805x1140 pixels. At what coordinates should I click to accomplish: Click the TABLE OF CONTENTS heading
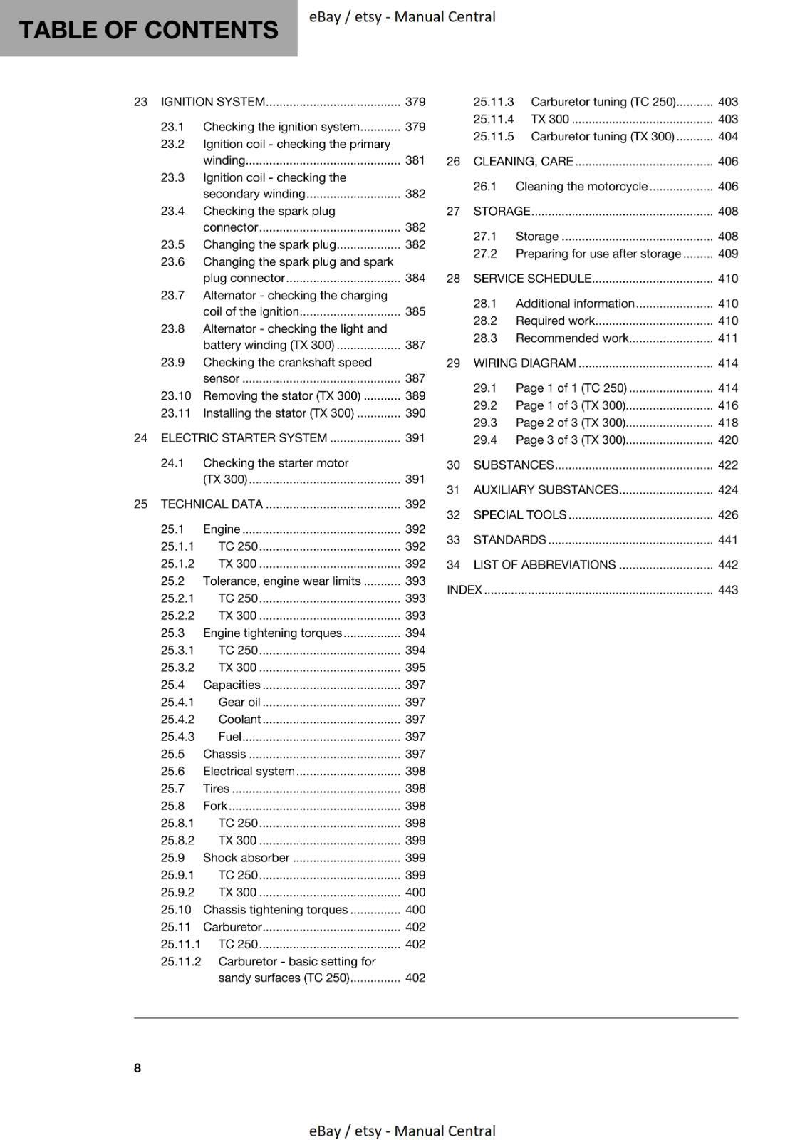(148, 30)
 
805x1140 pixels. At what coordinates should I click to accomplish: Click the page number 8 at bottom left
(137, 1067)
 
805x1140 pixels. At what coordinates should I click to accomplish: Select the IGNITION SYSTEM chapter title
(213, 102)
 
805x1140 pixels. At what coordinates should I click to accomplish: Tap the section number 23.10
(176, 396)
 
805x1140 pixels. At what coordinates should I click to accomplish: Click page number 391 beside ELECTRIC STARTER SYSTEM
(415, 438)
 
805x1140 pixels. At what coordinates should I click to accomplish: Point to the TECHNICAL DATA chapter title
(212, 504)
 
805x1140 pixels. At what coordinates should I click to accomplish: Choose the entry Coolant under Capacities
(239, 720)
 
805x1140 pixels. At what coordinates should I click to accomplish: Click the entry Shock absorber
(246, 858)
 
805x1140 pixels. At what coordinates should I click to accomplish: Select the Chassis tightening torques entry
(275, 910)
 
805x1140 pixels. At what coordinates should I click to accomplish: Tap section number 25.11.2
(181, 962)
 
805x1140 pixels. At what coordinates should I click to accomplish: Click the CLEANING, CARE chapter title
(523, 162)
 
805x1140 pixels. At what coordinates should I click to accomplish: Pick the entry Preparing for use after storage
(598, 254)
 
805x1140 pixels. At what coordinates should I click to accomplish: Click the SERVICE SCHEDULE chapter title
(532, 279)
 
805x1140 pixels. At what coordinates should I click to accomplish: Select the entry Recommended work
(572, 338)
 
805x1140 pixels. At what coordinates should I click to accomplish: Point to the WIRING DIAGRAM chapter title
(524, 363)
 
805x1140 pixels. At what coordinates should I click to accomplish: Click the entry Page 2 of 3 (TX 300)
(570, 423)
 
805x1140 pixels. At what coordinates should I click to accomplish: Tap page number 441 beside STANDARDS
(727, 540)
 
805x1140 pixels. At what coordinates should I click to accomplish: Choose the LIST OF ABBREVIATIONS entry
(544, 565)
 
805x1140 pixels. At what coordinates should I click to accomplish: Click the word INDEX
(464, 590)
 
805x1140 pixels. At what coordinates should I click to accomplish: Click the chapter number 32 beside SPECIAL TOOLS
(453, 515)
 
